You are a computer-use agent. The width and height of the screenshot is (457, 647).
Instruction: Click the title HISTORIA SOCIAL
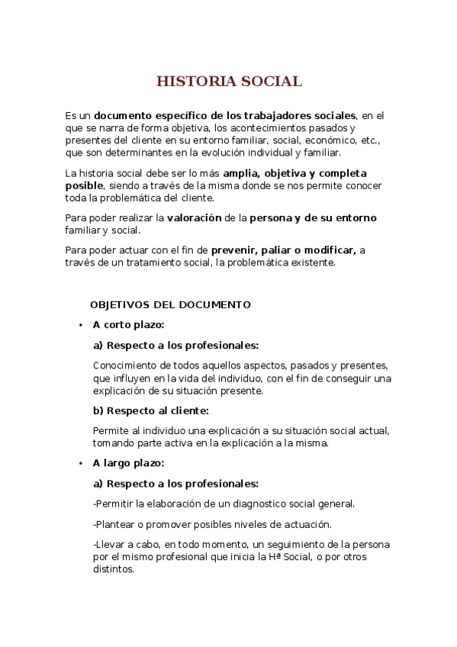point(229,82)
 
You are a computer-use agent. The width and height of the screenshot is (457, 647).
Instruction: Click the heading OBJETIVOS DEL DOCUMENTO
point(170,304)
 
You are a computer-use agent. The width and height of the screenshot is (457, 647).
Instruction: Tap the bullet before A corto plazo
point(80,325)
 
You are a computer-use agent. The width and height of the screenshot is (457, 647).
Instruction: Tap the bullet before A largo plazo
point(80,463)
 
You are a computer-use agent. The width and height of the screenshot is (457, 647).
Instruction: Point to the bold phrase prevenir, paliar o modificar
point(284,249)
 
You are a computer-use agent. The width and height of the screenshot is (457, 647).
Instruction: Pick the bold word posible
point(84,185)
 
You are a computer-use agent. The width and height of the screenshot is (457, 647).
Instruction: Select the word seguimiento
point(285,545)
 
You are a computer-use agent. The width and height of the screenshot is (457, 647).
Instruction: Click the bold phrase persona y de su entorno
point(313,218)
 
